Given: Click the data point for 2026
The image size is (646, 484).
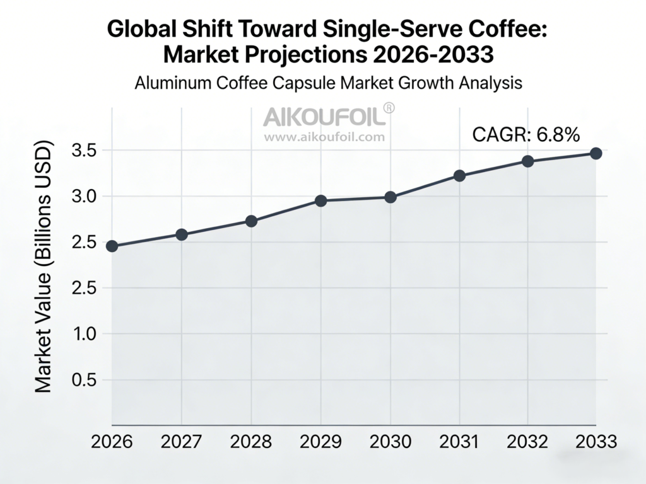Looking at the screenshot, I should [112, 246].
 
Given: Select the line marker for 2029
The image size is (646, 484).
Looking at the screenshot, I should [320, 201].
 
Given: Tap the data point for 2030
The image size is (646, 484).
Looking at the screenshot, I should [391, 197].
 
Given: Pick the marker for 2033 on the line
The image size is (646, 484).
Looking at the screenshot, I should [596, 153].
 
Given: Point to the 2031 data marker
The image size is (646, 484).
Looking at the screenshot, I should [459, 176].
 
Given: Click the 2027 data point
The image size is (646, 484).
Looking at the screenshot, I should [182, 234].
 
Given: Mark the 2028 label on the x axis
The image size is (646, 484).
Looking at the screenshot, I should [251, 442].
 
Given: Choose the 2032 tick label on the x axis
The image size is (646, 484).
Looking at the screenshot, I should [527, 442].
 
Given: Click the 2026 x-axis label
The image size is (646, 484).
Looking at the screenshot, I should [112, 442].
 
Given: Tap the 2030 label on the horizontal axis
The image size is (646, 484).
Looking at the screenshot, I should [390, 442].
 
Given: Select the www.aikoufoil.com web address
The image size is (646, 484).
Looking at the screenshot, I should [324, 135].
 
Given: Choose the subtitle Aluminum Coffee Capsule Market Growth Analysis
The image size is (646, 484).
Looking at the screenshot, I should [328, 83].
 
